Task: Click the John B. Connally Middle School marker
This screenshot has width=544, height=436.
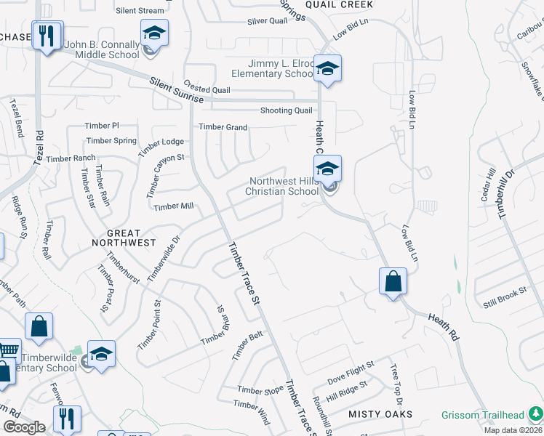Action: coord(154,33)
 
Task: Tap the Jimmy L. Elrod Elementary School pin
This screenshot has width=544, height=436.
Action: coord(328,68)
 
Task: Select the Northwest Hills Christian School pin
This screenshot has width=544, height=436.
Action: coord(328,169)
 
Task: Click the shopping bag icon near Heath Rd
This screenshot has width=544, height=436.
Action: coord(393,281)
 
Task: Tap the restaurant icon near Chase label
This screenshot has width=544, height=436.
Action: coord(48,36)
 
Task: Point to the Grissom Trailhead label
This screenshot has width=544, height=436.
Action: coord(483,416)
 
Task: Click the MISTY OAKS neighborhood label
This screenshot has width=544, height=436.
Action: coord(380,414)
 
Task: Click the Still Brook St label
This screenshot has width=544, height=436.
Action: coord(505,298)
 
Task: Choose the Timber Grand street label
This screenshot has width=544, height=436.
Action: coord(223,127)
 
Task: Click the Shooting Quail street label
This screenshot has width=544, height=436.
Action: coord(287,110)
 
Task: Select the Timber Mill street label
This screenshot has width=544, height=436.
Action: coord(173,206)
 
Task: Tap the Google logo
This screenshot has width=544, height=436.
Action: coord(23,427)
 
